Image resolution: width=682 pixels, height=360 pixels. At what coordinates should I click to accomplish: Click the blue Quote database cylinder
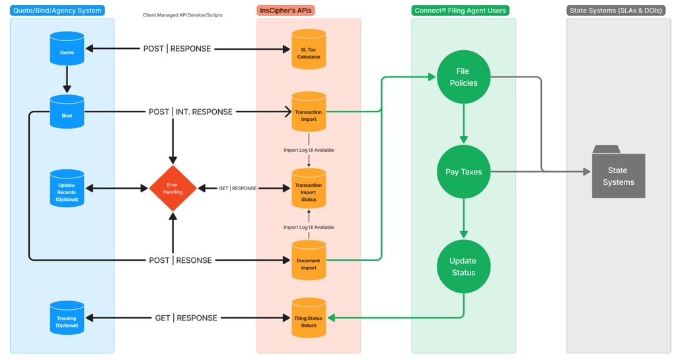tap(67, 49)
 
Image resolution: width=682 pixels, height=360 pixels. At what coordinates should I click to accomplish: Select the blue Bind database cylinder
tap(67, 112)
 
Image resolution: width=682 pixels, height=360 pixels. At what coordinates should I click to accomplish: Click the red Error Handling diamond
tap(172, 188)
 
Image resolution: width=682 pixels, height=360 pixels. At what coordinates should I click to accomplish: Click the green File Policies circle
tap(463, 77)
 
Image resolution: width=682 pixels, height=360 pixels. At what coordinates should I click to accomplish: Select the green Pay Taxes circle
tap(463, 172)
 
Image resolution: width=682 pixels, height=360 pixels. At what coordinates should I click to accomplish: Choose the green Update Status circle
tap(463, 266)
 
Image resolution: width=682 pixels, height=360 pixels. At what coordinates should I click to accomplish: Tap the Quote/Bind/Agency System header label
tap(57, 11)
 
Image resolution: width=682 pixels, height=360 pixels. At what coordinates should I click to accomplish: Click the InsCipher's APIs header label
tap(286, 11)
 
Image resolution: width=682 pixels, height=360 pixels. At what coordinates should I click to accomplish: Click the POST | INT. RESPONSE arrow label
tap(190, 112)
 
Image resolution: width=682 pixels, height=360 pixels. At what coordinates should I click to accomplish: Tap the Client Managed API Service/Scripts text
tap(183, 15)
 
